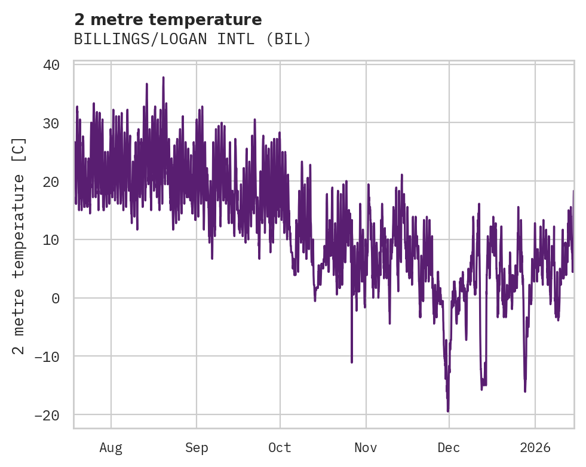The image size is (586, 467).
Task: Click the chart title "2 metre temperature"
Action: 168,20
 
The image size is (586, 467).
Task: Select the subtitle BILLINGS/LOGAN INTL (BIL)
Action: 192,39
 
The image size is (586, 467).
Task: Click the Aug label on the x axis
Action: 111,447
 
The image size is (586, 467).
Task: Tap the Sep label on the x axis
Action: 196,447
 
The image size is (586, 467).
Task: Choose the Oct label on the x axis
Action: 280,447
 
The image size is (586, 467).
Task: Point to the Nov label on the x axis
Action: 366,447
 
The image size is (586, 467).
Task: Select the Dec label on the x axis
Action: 449,447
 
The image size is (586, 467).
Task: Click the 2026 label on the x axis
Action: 535,447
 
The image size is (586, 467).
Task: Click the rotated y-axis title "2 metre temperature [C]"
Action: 19,246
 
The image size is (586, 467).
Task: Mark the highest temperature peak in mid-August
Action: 163,78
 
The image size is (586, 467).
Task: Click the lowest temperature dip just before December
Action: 448,411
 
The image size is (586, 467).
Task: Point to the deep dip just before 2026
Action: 525,391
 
